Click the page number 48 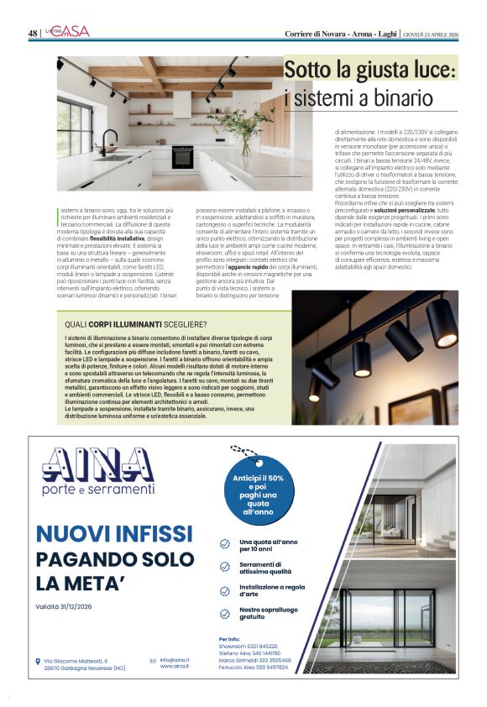pos(33,33)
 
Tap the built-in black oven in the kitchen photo pos(182,156)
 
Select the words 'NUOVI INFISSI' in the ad pos(115,533)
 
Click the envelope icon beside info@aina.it pos(153,661)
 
